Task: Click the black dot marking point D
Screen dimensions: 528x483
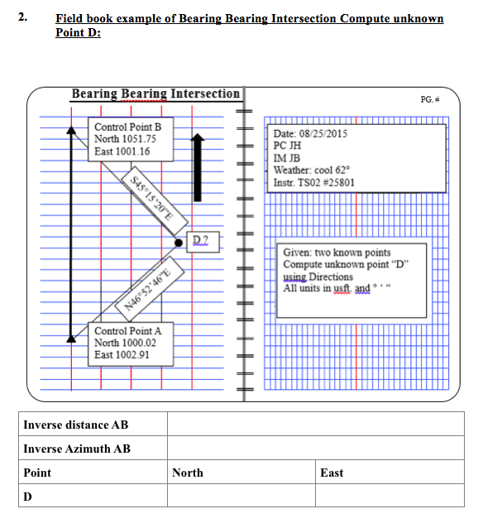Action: pos(179,242)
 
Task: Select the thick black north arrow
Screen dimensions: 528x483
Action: pos(197,166)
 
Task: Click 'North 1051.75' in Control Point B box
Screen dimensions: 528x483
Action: pos(125,139)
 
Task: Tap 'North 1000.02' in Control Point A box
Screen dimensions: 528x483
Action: pos(125,343)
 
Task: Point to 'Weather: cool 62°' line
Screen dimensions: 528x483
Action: pos(314,170)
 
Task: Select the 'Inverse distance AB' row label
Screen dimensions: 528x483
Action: pos(76,425)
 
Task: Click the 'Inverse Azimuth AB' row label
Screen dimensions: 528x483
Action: pos(77,449)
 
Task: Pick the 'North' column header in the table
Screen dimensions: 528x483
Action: pos(188,473)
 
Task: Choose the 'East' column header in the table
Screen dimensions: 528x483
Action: pos(332,473)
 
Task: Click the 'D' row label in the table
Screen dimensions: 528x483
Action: pos(28,496)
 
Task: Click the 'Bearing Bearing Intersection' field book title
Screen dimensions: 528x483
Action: pos(155,94)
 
